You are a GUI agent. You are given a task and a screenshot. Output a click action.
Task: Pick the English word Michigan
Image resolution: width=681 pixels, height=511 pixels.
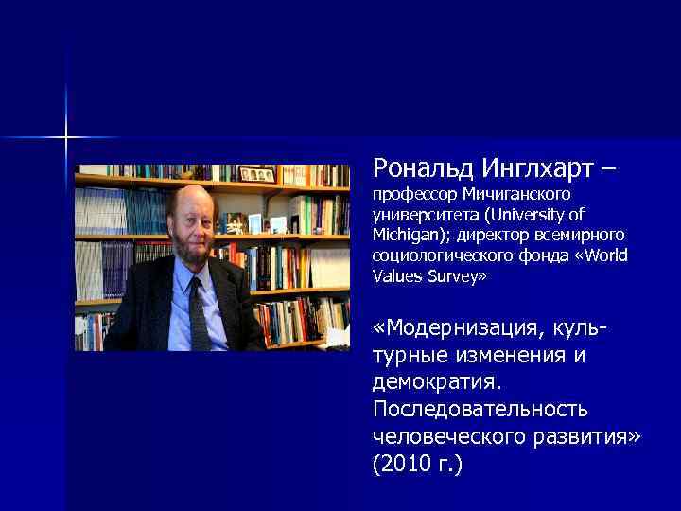[405, 235]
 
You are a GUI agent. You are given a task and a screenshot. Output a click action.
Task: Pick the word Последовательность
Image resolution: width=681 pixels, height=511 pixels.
[480, 409]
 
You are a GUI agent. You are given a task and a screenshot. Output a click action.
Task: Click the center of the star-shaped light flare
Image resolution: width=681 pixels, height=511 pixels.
[66, 138]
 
